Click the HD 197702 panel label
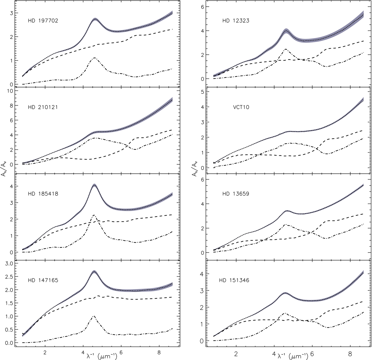(x=43, y=21)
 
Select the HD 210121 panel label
(x=43, y=107)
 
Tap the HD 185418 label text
(x=43, y=194)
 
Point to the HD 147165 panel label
(x=43, y=280)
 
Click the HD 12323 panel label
(x=236, y=21)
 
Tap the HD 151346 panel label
(x=234, y=280)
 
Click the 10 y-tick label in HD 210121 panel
(x=10, y=91)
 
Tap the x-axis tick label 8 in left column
(x=159, y=353)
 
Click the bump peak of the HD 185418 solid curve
(x=94, y=185)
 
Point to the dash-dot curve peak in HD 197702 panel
(x=94, y=58)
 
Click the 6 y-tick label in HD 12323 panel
(x=202, y=7)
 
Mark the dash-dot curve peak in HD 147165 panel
(x=94, y=316)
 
